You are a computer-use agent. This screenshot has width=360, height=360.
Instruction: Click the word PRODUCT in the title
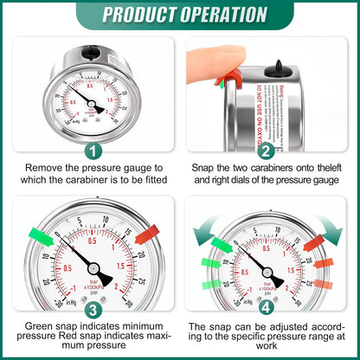pyautogui.click(x=140, y=15)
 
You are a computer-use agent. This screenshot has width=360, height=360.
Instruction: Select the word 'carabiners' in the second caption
pyautogui.click(x=273, y=167)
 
